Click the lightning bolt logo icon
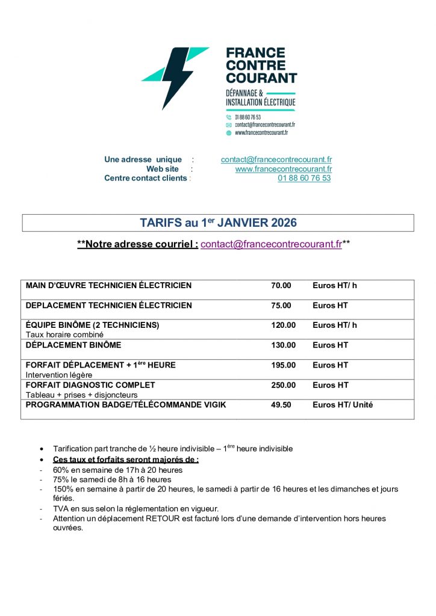tap(175, 77)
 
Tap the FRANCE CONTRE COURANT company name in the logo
tap(261, 65)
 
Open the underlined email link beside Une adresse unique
tap(276, 159)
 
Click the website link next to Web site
tap(283, 169)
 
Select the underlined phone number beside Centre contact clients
tap(304, 178)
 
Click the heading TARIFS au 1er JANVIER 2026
tap(218, 223)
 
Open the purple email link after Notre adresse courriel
tap(271, 244)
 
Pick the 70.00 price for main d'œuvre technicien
tap(281, 285)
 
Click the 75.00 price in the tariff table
tap(281, 305)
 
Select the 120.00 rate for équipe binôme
tap(283, 325)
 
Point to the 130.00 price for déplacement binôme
tap(283, 345)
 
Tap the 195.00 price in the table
tap(283, 365)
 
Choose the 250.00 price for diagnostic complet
tap(283, 384)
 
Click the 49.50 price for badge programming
tap(281, 405)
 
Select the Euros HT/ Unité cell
tap(342, 405)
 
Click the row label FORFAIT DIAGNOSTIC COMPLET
tap(90, 384)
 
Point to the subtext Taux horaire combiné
tap(64, 334)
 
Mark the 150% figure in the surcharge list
tap(62, 489)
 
